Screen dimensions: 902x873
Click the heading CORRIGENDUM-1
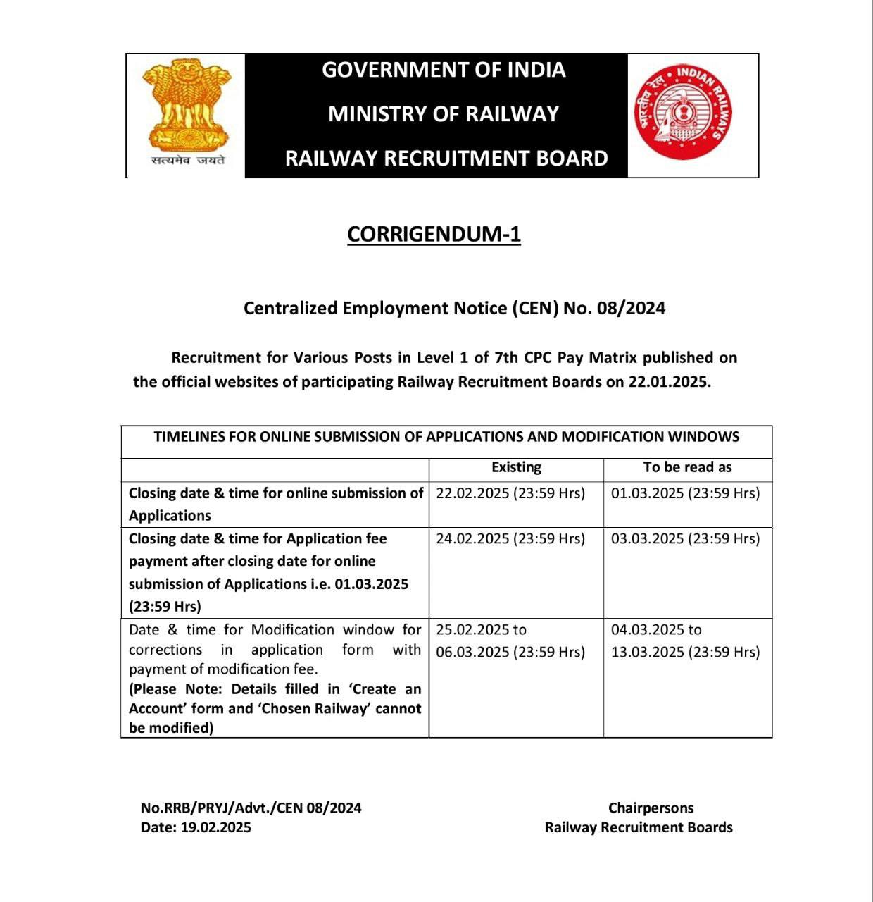(x=434, y=234)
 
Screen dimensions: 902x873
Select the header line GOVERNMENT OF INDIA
(x=444, y=70)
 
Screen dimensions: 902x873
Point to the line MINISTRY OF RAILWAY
(x=444, y=114)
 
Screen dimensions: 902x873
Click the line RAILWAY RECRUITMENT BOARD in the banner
(x=446, y=158)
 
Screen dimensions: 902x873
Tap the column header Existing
(x=516, y=467)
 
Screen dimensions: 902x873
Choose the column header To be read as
(x=687, y=467)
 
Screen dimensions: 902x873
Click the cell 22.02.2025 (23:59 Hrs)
(x=510, y=493)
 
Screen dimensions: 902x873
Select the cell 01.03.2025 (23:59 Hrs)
(x=685, y=493)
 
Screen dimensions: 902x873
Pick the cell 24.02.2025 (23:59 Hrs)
(x=510, y=539)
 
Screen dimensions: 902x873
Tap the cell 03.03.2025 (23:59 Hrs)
(x=685, y=539)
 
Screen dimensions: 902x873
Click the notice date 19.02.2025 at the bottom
(x=215, y=828)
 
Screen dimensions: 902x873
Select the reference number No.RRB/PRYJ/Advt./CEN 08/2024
(x=251, y=808)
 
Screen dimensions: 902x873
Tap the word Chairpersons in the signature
(x=651, y=808)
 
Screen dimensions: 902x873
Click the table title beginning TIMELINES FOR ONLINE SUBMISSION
(x=446, y=437)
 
